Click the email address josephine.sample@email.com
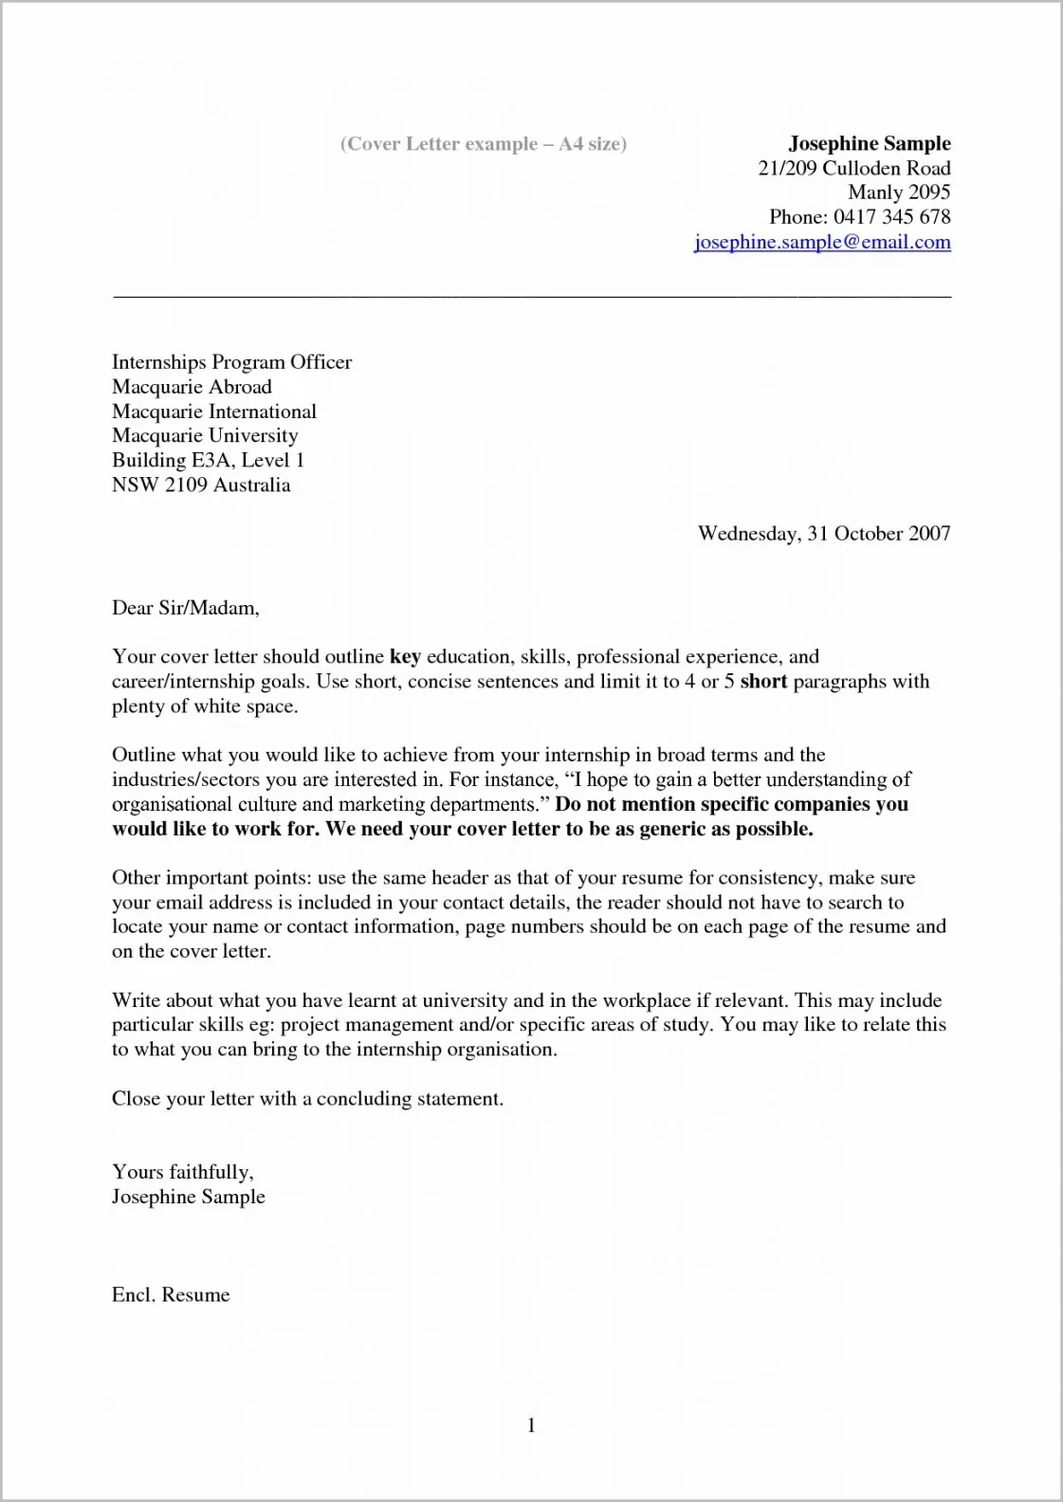822,242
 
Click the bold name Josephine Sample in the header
869,143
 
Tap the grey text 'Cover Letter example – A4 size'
483,144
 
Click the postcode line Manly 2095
899,192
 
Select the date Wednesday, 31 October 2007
823,533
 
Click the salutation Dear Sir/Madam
185,608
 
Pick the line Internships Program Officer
231,362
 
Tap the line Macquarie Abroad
192,387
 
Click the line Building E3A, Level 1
208,460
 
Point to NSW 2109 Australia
201,485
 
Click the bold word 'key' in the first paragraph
405,657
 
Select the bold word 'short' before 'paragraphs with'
763,682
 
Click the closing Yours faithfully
182,1172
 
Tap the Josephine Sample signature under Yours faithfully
188,1197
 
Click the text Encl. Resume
171,1295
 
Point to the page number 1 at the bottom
531,1425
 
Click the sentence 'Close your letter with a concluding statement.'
307,1099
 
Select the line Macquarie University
205,435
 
